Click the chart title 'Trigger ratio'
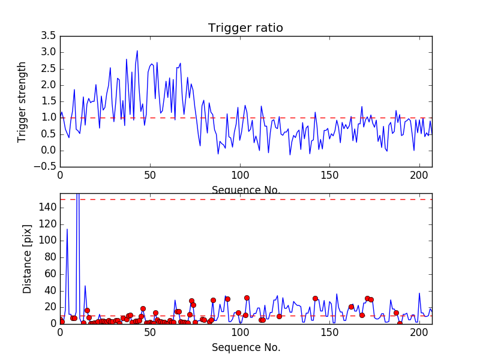coord(245,28)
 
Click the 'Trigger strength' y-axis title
coord(23,101)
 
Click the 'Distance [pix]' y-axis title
coord(27,263)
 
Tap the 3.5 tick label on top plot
coord(49,36)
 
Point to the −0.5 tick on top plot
coord(46,167)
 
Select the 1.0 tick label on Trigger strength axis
coord(49,118)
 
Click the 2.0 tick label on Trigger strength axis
coord(49,85)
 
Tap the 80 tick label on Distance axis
coord(50,257)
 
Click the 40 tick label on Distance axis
coord(50,290)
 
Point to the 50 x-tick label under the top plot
coord(150,176)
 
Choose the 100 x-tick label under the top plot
coord(239,176)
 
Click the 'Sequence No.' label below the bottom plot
coord(245,347)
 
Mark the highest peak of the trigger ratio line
coord(137,51)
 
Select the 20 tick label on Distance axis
coord(50,307)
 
